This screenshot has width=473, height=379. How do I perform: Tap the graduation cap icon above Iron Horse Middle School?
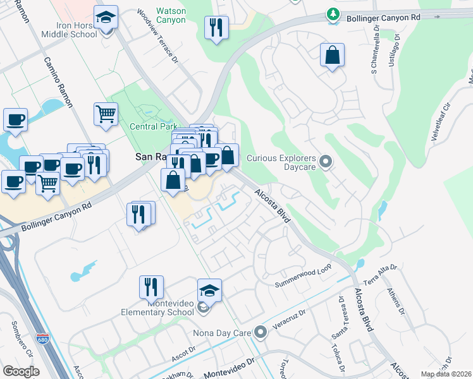pyautogui.click(x=106, y=18)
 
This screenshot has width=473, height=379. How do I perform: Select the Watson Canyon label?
pyautogui.click(x=171, y=15)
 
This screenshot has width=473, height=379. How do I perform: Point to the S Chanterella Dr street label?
pyautogui.click(x=374, y=47)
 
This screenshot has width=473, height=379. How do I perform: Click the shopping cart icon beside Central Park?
pyautogui.click(x=106, y=114)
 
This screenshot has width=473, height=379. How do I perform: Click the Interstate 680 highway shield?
pyautogui.click(x=42, y=339)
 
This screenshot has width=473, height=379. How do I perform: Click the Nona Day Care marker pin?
pyautogui.click(x=261, y=332)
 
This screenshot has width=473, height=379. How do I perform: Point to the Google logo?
pyautogui.click(x=21, y=371)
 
